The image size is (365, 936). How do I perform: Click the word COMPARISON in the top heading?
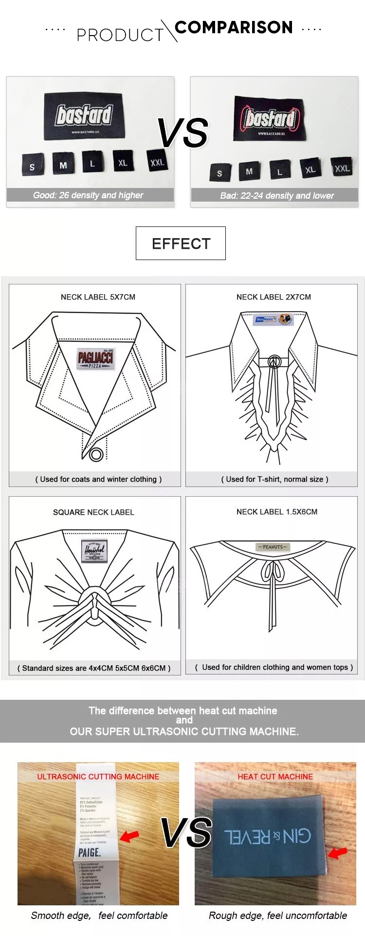pyautogui.click(x=234, y=27)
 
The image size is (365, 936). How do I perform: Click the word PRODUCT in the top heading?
pyautogui.click(x=120, y=35)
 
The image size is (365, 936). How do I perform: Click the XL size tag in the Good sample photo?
pyautogui.click(x=123, y=162)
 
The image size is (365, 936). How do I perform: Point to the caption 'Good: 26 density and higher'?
pyautogui.click(x=88, y=195)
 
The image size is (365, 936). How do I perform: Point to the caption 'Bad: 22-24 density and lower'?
pyautogui.click(x=277, y=196)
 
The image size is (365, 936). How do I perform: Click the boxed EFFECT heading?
pyautogui.click(x=181, y=243)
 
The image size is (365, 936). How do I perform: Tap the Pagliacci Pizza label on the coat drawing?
pyautogui.click(x=95, y=359)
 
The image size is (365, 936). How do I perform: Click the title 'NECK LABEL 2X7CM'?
pyautogui.click(x=274, y=297)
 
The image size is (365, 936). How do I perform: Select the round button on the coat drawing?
pyautogui.click(x=96, y=455)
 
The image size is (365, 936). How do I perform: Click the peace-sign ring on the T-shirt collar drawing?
pyautogui.click(x=274, y=362)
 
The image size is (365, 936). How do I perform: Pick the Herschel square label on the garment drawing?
pyautogui.click(x=94, y=550)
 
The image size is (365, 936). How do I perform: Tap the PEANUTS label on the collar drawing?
pyautogui.click(x=273, y=547)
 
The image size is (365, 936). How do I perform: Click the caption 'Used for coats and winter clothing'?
pyautogui.click(x=98, y=479)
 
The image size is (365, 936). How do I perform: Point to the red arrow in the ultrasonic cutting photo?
pyautogui.click(x=129, y=836)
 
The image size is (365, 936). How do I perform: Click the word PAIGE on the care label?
pyautogui.click(x=89, y=853)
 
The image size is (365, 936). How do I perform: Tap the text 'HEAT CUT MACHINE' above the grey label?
pyautogui.click(x=275, y=777)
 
